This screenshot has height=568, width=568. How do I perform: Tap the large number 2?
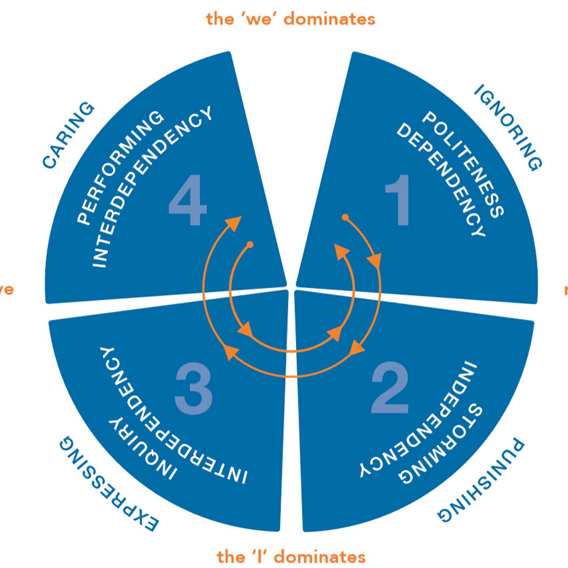pos(389,387)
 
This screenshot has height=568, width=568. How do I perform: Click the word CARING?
pos(68,135)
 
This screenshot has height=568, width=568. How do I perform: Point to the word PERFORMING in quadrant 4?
pos(120,167)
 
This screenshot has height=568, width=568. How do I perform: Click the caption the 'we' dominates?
pos(290,19)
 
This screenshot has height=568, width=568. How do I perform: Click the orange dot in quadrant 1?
pos(345,217)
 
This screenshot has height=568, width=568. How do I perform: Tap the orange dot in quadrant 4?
pos(250,245)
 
